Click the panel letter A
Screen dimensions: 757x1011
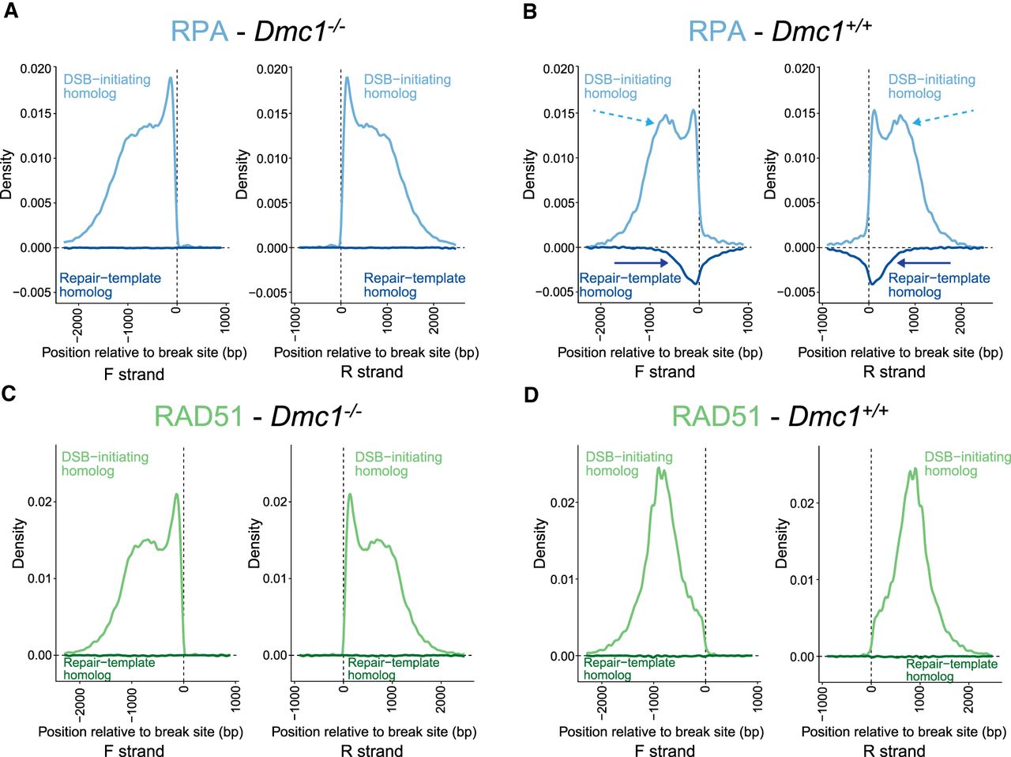point(10,13)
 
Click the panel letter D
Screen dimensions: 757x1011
point(531,394)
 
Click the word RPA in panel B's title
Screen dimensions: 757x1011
point(716,31)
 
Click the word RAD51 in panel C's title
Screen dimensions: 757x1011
point(198,416)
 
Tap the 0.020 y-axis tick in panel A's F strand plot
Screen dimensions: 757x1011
point(36,69)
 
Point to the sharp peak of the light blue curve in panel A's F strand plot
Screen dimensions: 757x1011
point(170,78)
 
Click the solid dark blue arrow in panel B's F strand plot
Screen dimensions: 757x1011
point(641,262)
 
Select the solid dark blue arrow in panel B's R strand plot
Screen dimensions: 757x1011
point(923,262)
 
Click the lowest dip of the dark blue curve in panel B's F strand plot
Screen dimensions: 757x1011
point(696,282)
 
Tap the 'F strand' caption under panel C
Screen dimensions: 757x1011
point(133,750)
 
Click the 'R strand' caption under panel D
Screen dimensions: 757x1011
point(893,750)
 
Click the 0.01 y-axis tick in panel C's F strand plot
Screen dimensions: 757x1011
point(41,578)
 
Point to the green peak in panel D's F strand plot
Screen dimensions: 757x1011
point(659,469)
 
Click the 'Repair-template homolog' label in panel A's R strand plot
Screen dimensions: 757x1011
point(414,285)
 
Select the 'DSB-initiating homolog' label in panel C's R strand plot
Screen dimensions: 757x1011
point(397,464)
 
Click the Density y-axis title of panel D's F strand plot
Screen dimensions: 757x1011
point(540,544)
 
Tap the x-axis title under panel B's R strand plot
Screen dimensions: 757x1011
point(900,352)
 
